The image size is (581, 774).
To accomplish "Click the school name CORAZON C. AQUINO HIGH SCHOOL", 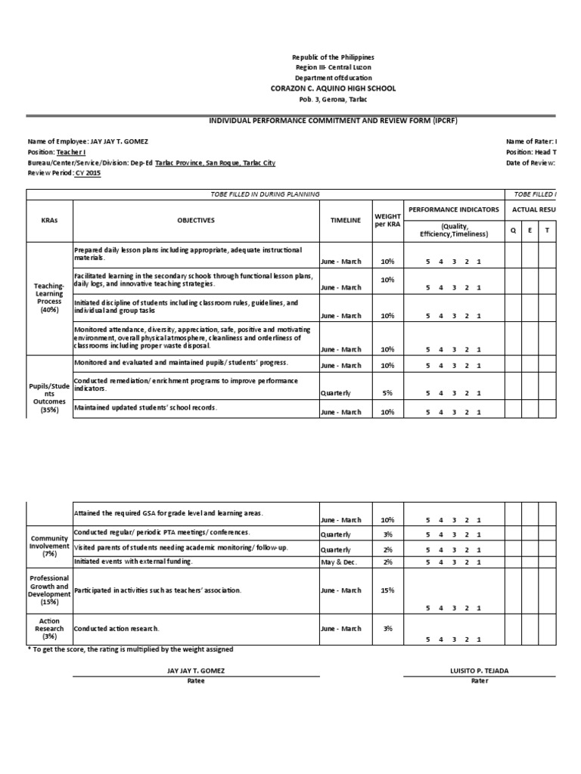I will (333, 88).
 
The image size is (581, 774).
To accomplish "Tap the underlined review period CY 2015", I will (87, 172).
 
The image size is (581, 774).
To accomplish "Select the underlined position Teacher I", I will (72, 152).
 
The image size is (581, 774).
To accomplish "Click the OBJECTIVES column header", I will (196, 221).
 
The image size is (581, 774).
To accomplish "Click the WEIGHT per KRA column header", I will (387, 220).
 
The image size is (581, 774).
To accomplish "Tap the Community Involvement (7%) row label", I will (49, 546).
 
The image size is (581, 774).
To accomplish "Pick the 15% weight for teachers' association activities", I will (387, 590).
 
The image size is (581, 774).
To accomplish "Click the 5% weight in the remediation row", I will (387, 392).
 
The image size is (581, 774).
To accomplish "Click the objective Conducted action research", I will (117, 628).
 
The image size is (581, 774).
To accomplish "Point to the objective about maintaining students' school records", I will (145, 407).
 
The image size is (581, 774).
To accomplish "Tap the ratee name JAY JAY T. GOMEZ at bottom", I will (195, 670).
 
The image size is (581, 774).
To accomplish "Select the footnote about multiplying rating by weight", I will (130, 649).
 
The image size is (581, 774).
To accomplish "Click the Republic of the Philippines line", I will (333, 57).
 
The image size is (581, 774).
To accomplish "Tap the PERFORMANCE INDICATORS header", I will (453, 209).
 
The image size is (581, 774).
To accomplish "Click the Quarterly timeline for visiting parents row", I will (335, 550).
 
